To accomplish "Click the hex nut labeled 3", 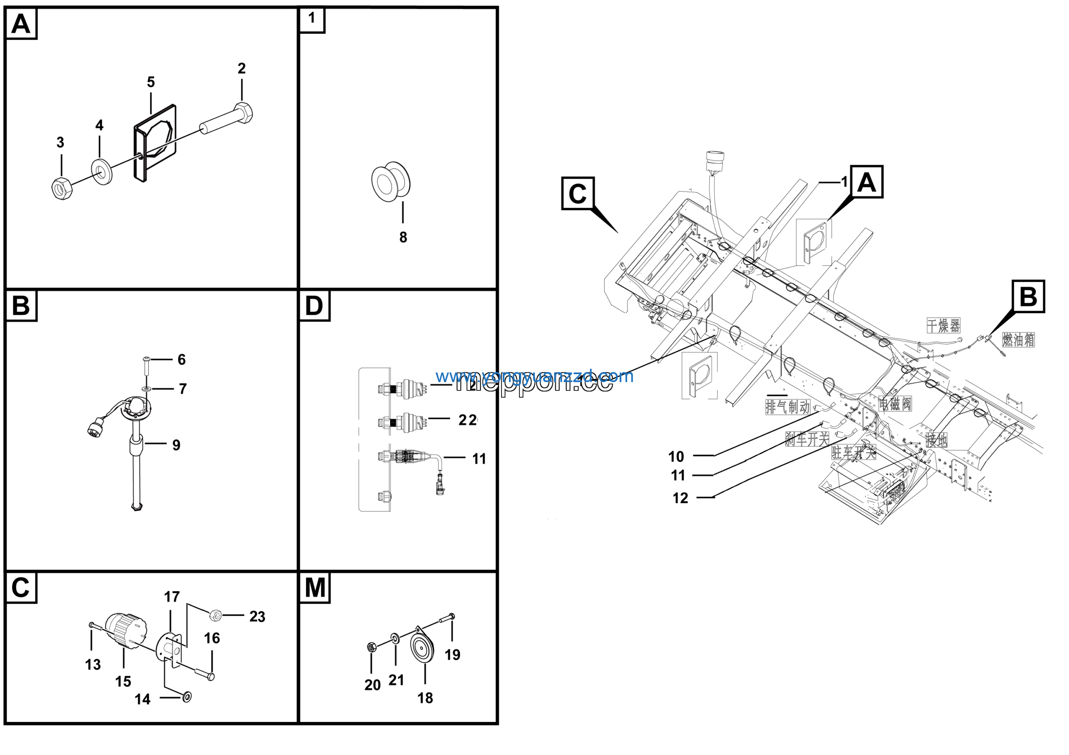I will point(61,188).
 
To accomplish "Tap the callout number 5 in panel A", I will point(151,82).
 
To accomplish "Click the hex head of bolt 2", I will point(244,113).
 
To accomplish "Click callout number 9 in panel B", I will point(177,446).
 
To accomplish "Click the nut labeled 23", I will point(215,616).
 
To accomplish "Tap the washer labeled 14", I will point(187,697).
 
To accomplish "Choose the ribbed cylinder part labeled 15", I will point(125,630).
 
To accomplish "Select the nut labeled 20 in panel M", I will point(371,647).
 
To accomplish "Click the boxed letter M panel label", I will point(315,588).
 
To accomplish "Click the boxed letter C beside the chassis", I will point(578,194).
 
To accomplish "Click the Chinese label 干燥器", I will point(943,325).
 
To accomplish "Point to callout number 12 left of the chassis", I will point(680,499).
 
